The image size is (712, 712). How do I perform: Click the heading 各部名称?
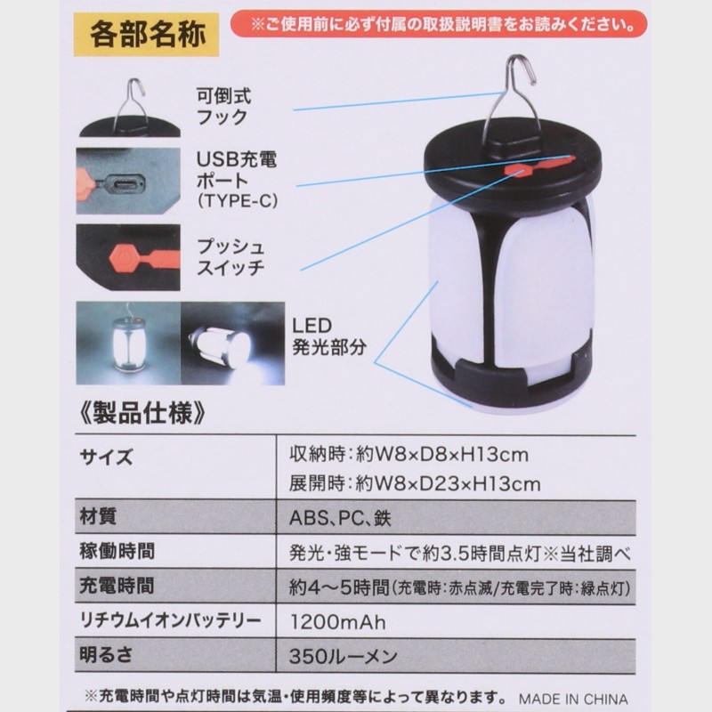click(x=148, y=35)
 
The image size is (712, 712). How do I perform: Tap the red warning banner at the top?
click(x=438, y=24)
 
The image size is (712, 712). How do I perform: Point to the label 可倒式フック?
click(x=223, y=107)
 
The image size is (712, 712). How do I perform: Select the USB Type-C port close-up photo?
click(x=128, y=181)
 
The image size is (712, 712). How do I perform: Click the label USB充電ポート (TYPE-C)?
click(x=237, y=181)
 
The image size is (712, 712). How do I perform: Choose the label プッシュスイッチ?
click(x=231, y=257)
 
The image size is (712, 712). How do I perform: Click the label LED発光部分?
click(x=328, y=336)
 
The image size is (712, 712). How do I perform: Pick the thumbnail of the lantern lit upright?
click(x=128, y=344)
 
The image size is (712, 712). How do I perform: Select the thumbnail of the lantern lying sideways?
click(x=233, y=344)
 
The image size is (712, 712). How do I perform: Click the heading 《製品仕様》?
click(x=142, y=413)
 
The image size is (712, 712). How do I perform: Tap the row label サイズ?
click(x=106, y=457)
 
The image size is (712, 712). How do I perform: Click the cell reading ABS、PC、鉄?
click(x=340, y=518)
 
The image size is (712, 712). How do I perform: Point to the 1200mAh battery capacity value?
click(x=338, y=621)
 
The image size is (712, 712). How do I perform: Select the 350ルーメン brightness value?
click(x=344, y=656)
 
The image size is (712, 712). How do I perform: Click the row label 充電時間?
click(x=117, y=586)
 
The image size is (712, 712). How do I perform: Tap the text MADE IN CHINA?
click(x=573, y=699)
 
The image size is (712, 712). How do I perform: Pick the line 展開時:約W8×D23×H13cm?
click(x=415, y=484)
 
